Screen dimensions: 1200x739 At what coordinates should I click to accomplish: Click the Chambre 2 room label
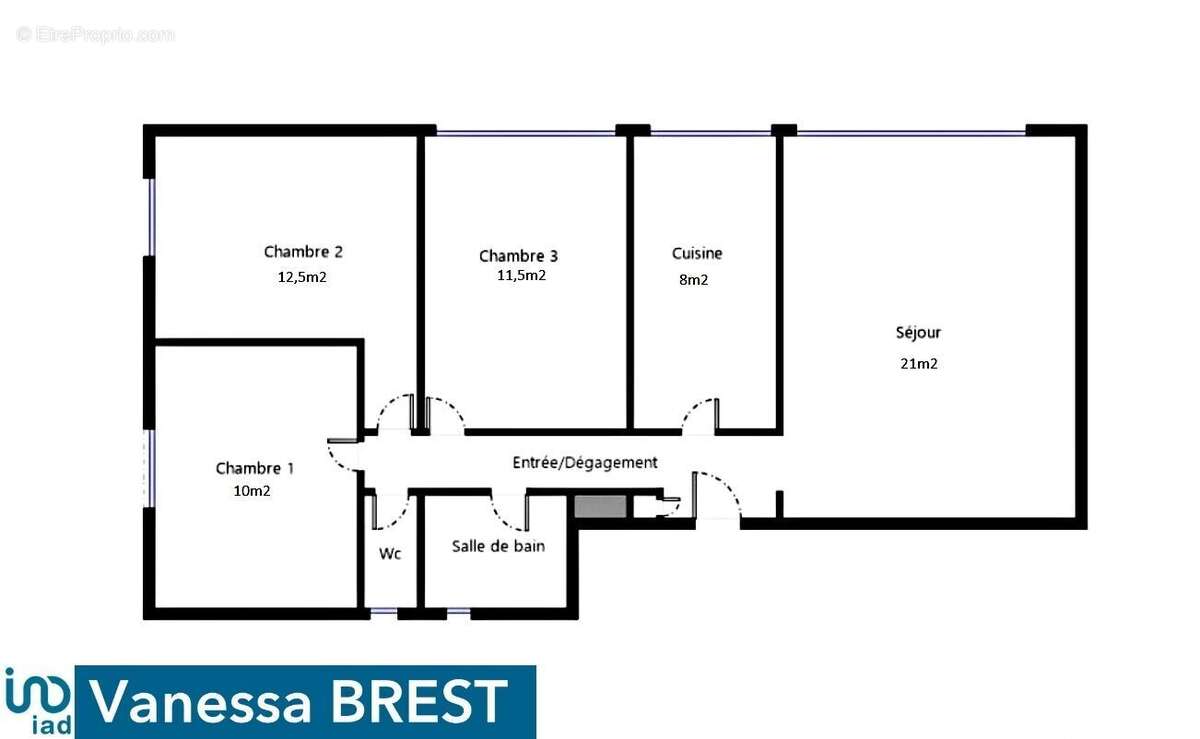pos(303,252)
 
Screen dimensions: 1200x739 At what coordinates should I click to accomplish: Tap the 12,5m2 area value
pos(302,277)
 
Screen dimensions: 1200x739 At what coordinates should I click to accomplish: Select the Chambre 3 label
pos(518,256)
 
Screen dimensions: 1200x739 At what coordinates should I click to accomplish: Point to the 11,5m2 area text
pos(521,275)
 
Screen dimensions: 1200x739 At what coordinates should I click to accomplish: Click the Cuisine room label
pos(697,253)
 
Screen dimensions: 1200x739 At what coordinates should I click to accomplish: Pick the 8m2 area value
pos(694,280)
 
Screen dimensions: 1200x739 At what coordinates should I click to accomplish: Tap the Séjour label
pos(918,333)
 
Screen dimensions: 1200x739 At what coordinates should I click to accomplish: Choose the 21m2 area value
pos(919,364)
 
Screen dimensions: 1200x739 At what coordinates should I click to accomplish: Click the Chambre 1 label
pos(254,468)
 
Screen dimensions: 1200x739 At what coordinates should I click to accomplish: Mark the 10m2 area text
pos(252,491)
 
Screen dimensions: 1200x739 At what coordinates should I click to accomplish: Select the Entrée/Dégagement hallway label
pos(585,462)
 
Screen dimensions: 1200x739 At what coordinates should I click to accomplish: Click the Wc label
pos(390,554)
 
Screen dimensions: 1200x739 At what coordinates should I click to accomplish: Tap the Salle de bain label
pos(498,546)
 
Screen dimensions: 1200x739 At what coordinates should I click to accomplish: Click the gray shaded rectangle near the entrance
pos(600,506)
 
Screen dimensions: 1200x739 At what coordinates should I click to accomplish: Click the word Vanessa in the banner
pos(200,702)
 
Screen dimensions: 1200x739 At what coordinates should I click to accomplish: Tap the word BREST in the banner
pos(419,701)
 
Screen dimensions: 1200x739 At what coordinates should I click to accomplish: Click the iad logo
pos(38,701)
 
